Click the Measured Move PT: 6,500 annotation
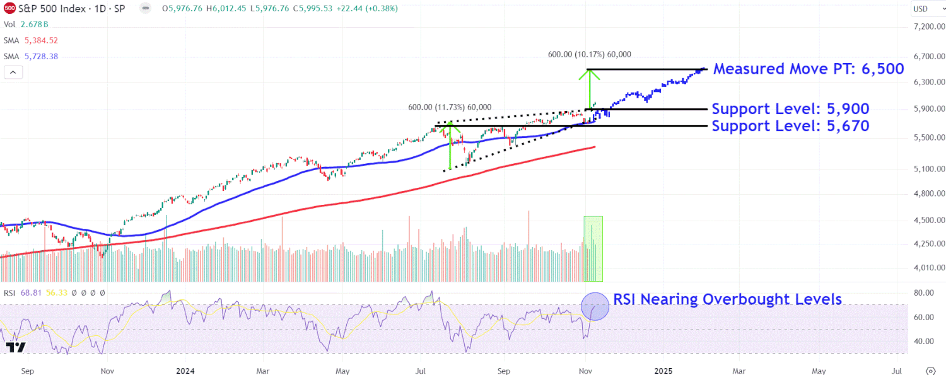[x=809, y=69]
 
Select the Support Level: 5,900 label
[x=790, y=108]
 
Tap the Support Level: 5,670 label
[x=790, y=126]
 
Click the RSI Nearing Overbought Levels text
[x=728, y=299]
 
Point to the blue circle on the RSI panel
[x=595, y=306]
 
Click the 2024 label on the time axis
[x=184, y=370]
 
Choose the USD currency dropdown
[x=925, y=9]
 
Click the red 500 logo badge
[x=9, y=9]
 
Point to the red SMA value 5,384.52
[x=40, y=40]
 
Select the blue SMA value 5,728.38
[x=40, y=56]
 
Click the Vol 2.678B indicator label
[x=26, y=24]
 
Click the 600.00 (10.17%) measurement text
[x=589, y=55]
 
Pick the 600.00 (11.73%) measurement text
[x=449, y=107]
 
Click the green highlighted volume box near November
[x=593, y=249]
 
